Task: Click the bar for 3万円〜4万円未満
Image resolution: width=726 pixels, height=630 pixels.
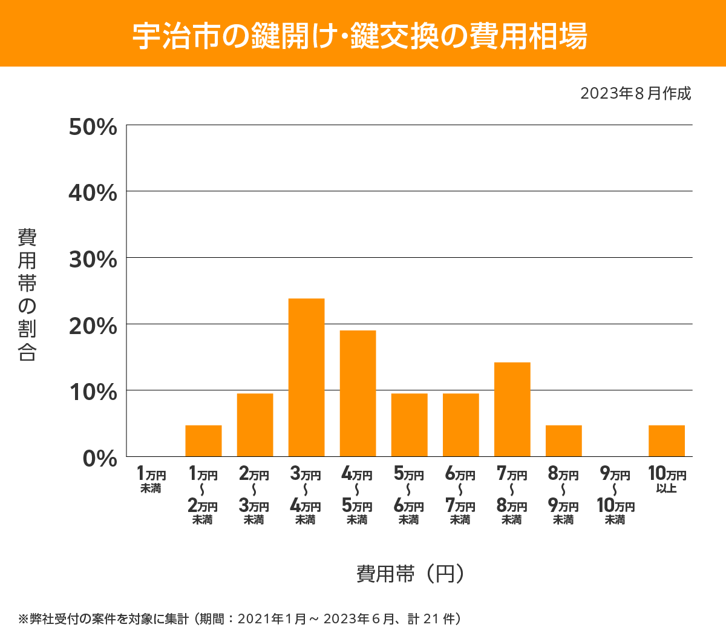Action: point(306,377)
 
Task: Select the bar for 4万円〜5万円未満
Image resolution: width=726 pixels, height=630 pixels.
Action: point(358,393)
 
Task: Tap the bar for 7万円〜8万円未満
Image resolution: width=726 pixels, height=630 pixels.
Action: point(512,409)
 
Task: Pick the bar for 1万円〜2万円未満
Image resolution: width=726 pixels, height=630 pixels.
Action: point(203,441)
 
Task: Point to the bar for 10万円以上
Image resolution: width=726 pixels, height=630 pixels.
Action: point(667,441)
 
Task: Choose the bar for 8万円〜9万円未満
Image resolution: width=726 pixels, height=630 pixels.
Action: point(564,441)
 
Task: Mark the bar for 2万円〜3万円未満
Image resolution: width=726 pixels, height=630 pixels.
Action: point(255,425)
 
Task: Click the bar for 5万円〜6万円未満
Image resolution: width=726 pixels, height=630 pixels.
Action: point(409,425)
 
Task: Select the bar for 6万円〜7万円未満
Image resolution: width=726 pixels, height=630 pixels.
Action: point(461,425)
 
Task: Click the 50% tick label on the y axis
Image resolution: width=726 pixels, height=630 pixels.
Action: point(93,127)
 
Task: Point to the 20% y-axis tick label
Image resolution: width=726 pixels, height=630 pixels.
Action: point(93,326)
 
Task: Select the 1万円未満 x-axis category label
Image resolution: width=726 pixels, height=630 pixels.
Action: point(151,480)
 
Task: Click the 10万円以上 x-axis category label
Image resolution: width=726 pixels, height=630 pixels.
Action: point(667,480)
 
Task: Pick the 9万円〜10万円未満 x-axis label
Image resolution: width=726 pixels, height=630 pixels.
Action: point(615,496)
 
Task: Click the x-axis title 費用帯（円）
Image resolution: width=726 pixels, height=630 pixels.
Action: point(410,573)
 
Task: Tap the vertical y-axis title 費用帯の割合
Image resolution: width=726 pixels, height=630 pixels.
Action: point(27,295)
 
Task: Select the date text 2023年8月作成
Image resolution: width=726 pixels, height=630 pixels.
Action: point(635,93)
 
